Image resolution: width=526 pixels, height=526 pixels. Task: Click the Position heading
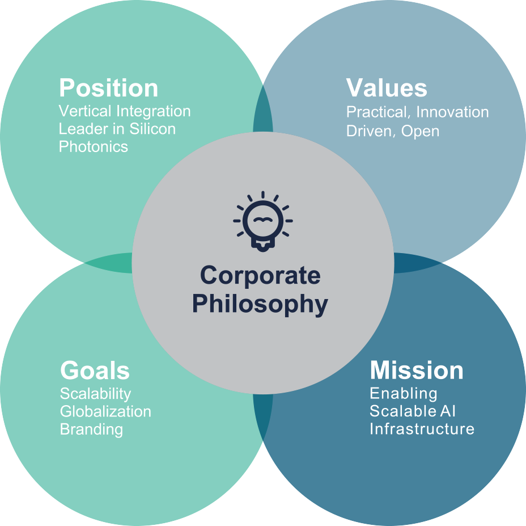108,88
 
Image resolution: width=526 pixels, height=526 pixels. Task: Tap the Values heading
387,87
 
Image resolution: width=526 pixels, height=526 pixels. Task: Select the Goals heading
95,371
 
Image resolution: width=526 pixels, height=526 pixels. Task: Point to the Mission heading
417,370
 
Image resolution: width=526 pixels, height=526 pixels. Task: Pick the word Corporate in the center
260,276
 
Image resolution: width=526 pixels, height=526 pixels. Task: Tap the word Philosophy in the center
260,304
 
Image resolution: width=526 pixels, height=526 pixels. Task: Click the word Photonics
94,147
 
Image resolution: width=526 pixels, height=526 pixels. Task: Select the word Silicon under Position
152,129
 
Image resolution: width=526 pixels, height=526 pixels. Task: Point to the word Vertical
85,111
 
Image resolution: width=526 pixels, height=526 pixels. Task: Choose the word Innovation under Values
452,112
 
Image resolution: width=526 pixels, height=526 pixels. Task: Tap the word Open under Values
421,131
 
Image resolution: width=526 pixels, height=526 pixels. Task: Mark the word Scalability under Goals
96,394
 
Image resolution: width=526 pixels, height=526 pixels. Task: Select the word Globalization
105,412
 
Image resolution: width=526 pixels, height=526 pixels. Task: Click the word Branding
92,430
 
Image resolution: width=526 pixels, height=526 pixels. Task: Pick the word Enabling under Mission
404,394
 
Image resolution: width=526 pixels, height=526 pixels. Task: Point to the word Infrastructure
422,429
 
